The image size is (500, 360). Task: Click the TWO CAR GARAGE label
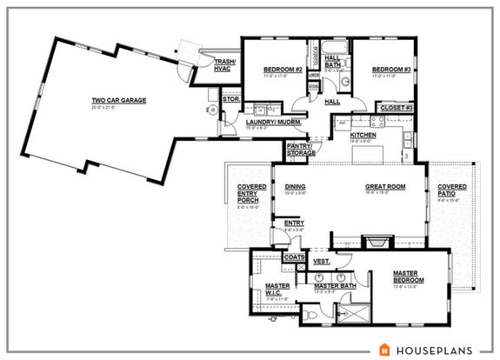click(x=119, y=100)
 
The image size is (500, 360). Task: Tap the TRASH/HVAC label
click(x=215, y=63)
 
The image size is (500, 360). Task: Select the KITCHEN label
click(x=363, y=136)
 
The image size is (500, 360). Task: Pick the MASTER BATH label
click(x=332, y=286)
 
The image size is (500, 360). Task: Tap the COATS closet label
click(x=293, y=257)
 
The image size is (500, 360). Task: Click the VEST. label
click(x=321, y=261)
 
